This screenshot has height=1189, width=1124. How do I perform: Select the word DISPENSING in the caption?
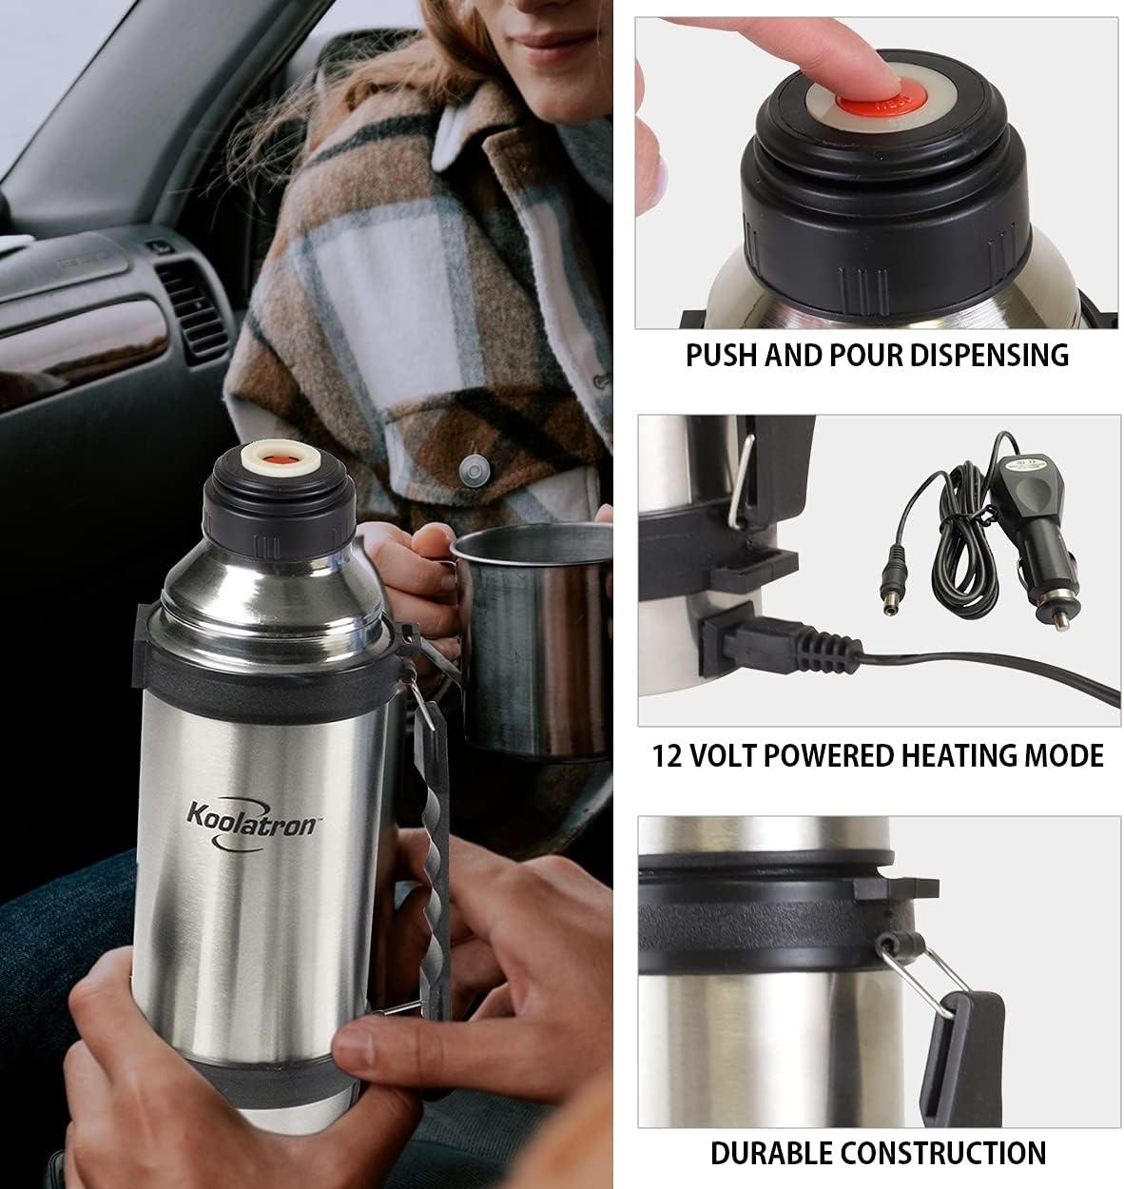point(989,355)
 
